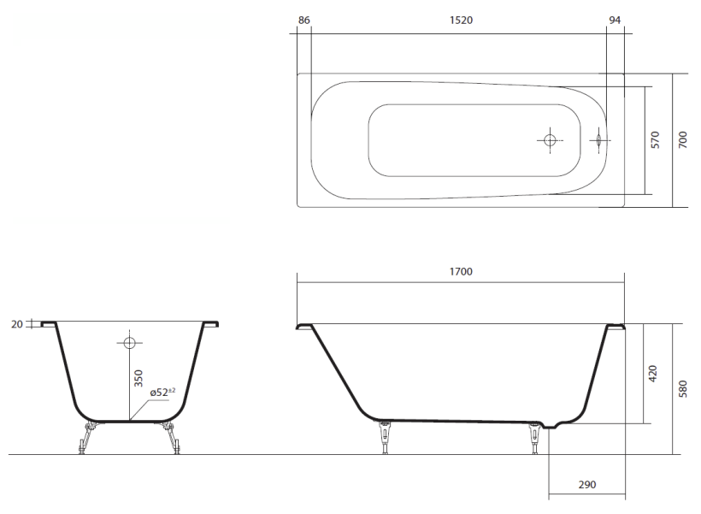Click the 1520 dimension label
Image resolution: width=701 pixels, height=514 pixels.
(x=461, y=21)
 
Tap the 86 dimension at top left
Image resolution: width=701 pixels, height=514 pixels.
(x=303, y=21)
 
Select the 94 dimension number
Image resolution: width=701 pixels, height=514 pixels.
(x=615, y=21)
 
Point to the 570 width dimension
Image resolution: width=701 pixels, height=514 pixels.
(x=655, y=140)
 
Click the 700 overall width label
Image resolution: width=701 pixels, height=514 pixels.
(x=683, y=140)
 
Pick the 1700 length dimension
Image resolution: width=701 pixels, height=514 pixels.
(x=461, y=271)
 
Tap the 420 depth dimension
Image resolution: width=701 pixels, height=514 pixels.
(x=653, y=374)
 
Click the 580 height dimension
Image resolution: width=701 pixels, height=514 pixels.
(x=683, y=389)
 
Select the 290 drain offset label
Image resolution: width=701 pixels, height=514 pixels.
(x=587, y=484)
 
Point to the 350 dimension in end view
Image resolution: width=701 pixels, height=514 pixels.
(x=138, y=378)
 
